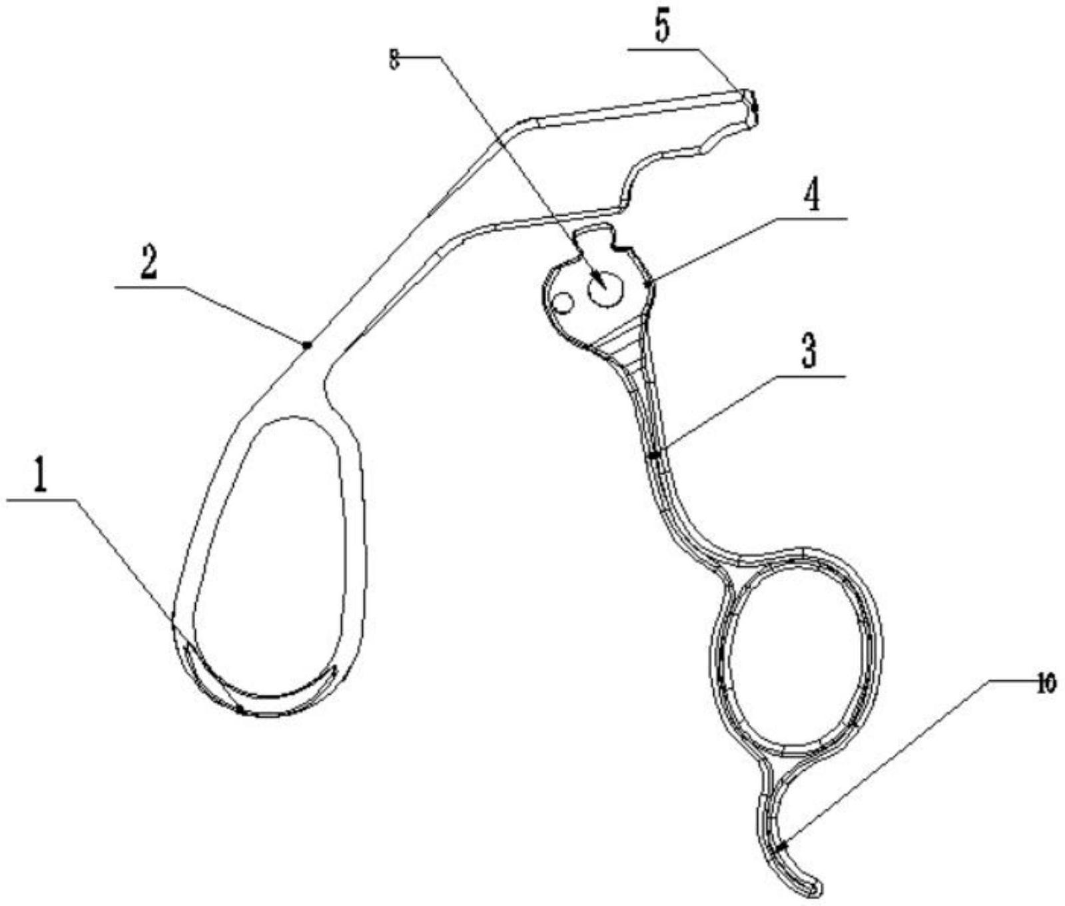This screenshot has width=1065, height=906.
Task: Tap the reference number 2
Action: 147,264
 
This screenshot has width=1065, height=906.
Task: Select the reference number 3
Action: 808,353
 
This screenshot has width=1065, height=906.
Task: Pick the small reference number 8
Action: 394,59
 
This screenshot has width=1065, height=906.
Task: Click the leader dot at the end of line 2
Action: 306,344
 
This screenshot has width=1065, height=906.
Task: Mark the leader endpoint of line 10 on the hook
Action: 782,846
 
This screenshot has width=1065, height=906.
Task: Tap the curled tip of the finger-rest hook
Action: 816,889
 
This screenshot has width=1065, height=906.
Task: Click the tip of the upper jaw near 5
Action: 753,105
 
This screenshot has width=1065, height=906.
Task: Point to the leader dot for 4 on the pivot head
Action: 649,282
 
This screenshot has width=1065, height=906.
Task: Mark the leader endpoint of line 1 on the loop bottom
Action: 239,710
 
